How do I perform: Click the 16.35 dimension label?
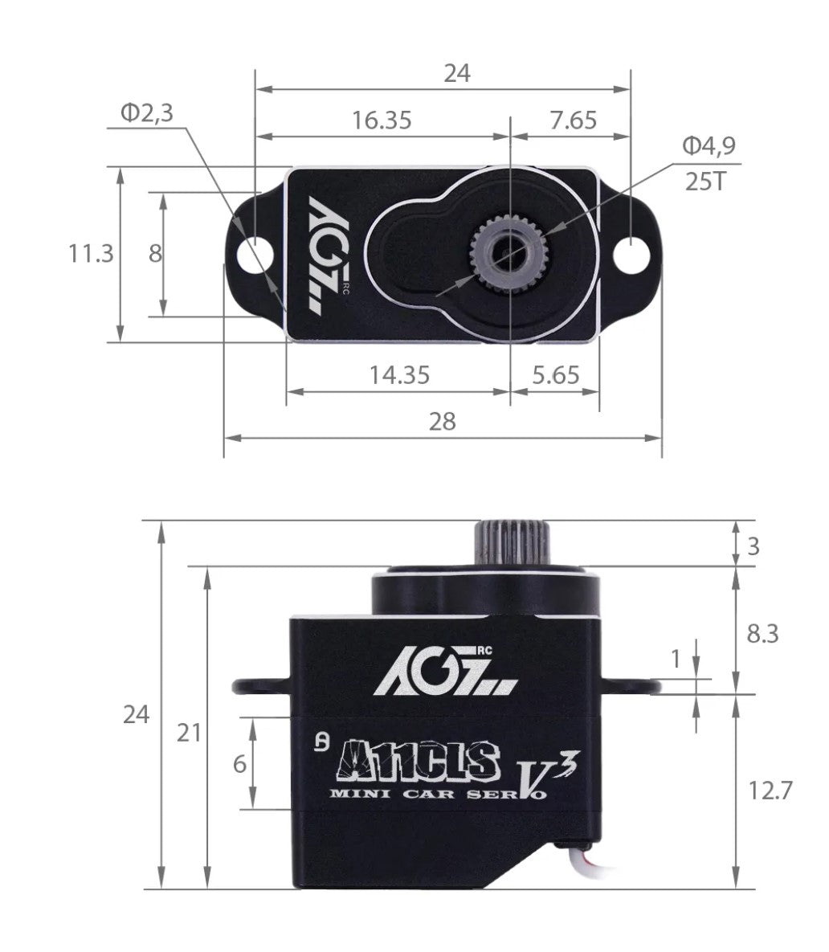(x=381, y=121)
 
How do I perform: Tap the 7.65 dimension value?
(x=574, y=121)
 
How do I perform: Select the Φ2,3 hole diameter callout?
(x=146, y=113)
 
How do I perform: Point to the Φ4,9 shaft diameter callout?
(x=709, y=145)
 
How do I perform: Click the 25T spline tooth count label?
(x=705, y=182)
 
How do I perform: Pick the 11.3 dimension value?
(x=90, y=254)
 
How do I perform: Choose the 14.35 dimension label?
(x=399, y=374)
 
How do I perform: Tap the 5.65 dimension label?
(x=555, y=374)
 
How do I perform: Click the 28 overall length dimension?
(x=442, y=421)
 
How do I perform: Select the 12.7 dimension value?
(x=770, y=791)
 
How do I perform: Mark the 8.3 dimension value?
(x=762, y=634)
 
